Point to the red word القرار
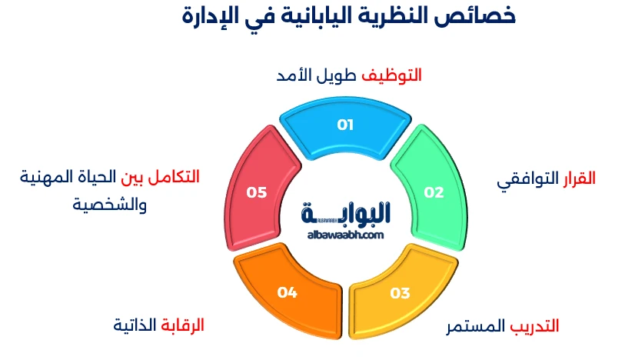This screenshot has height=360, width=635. coord(577,178)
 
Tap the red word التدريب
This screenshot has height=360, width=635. coord(535,326)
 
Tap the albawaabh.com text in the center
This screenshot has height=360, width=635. coord(344,235)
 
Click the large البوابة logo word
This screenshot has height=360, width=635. coord(346,213)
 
